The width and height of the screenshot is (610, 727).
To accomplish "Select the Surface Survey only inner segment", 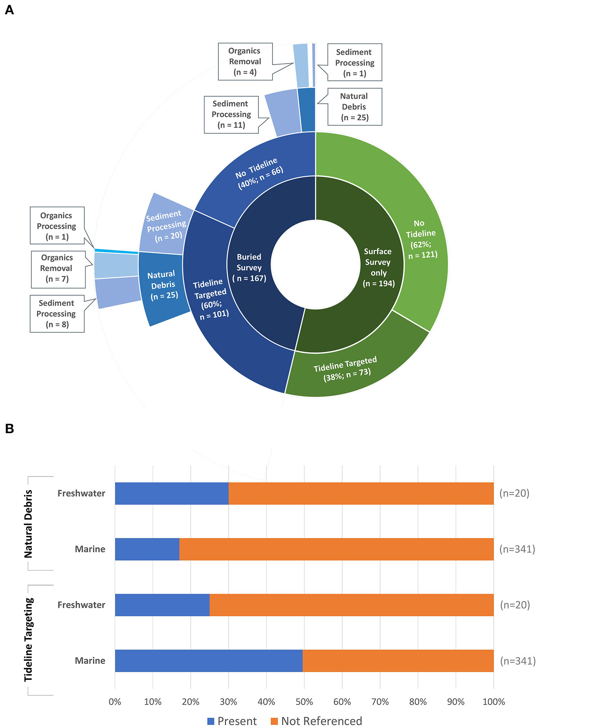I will tap(378, 267).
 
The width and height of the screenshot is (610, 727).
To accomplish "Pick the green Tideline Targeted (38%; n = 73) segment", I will tap(346, 369).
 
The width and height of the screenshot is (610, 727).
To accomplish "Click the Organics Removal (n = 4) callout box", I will tap(245, 62).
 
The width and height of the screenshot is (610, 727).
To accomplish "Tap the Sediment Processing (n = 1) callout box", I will tap(354, 62).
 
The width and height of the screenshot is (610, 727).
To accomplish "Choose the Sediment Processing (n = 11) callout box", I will tap(231, 114).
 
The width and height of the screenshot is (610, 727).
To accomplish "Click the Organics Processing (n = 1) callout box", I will tap(57, 226).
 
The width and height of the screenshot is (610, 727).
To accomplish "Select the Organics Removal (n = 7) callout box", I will tap(58, 269).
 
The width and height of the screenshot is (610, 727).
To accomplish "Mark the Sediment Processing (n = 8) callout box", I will tap(57, 314).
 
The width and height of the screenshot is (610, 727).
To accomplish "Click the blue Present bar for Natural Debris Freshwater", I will tap(172, 494).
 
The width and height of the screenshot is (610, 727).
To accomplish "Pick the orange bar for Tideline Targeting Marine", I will tap(397, 661).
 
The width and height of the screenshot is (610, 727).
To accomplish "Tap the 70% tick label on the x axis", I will tap(380, 702).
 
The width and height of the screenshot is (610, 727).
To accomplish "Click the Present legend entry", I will tap(232, 721).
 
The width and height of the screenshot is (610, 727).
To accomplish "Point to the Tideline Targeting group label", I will tap(29, 640).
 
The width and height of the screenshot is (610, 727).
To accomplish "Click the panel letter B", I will tap(10, 429).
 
